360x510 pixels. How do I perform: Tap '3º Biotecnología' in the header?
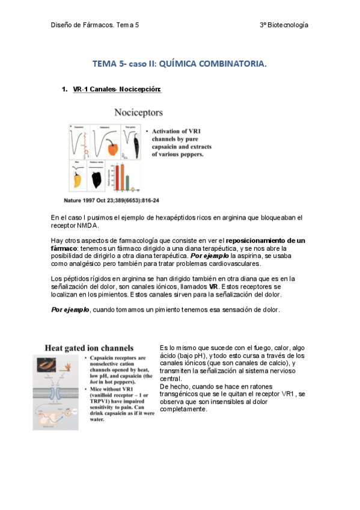(284, 25)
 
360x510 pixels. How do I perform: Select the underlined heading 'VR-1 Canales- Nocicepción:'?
(117, 90)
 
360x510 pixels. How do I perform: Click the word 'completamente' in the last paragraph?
(184, 409)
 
